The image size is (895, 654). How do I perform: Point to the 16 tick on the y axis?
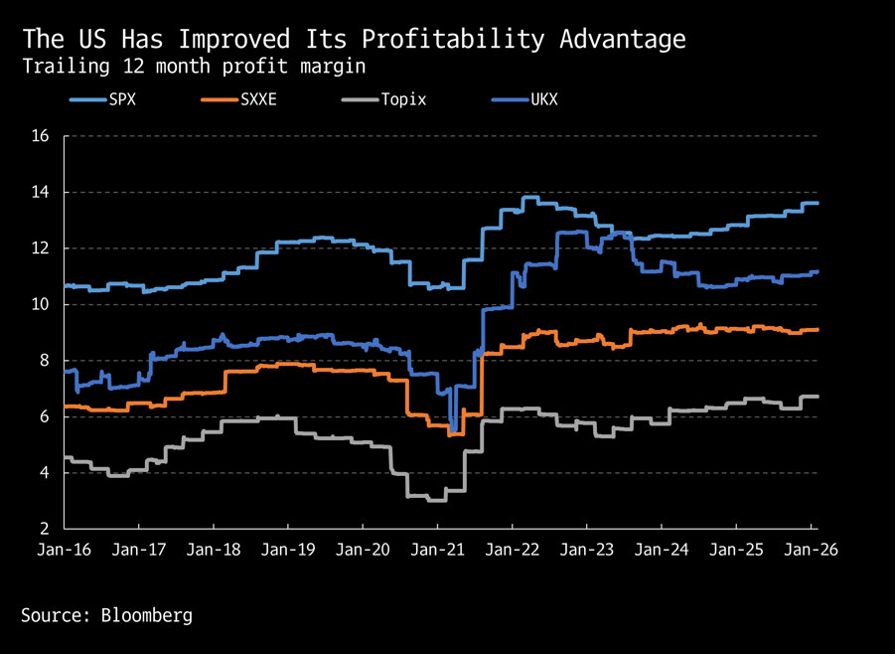42,136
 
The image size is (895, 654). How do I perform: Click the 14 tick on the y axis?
42,192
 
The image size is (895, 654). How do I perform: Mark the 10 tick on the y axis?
42,304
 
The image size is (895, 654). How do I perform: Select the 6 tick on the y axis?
46,416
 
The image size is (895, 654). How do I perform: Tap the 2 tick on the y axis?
46,529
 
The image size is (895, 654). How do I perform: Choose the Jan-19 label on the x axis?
288,549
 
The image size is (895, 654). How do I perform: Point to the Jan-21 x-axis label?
437,549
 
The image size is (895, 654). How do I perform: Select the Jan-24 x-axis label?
662,549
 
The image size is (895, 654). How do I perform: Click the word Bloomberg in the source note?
147,615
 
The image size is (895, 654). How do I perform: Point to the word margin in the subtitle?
333,67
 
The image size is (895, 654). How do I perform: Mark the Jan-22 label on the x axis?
513,549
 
